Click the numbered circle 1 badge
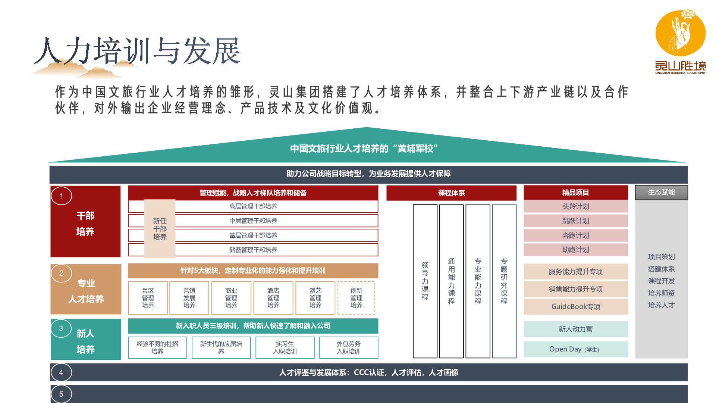[62, 196]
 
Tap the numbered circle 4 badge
[61, 372]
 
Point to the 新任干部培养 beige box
[160, 229]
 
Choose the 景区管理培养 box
[148, 298]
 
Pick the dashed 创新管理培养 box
[356, 298]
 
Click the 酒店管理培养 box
[273, 298]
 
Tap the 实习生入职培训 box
[285, 347]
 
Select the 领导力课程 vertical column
[425, 281]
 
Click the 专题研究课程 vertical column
[504, 281]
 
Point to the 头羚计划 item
[576, 206]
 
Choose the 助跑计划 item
[576, 250]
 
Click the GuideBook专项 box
[576, 307]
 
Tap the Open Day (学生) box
[576, 349]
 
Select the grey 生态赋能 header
[662, 192]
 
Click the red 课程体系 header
[451, 193]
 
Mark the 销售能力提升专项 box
[576, 289]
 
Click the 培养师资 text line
[662, 293]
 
